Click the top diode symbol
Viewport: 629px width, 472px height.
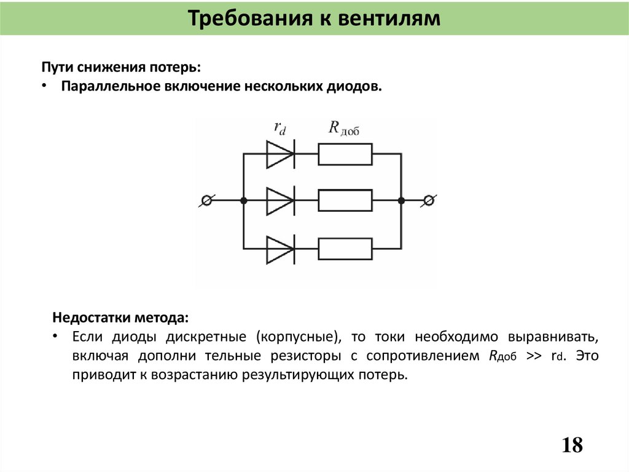tap(279, 154)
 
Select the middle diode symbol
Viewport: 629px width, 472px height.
tap(279, 201)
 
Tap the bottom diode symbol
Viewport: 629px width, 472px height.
tap(279, 249)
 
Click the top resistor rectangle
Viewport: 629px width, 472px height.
tap(345, 154)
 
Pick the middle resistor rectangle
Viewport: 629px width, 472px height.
tap(345, 201)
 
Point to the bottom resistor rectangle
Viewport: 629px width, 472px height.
tap(345, 249)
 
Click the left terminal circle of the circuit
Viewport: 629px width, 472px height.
tap(208, 201)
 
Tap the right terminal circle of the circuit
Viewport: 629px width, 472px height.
tap(431, 201)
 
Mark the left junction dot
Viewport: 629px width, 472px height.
tap(244, 201)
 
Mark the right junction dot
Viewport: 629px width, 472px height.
tap(401, 201)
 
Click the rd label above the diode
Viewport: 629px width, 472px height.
tap(279, 128)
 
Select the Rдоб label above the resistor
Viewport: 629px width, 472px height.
tap(343, 128)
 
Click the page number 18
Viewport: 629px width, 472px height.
tap(572, 444)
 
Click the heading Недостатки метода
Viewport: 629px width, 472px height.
tap(121, 318)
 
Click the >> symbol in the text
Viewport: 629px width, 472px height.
tap(533, 356)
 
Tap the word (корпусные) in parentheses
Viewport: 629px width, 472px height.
tap(295, 337)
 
